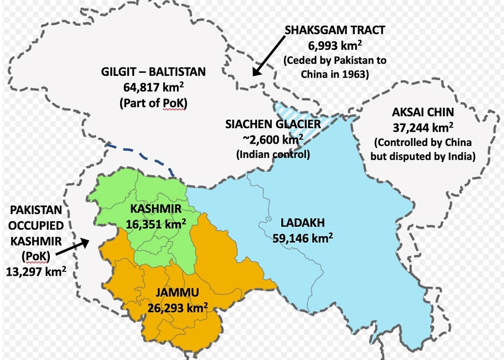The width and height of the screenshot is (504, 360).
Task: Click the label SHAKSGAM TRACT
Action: (x=335, y=30)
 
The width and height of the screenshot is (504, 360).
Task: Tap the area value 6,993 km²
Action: (x=335, y=46)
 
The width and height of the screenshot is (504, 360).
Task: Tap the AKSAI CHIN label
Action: (x=422, y=112)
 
